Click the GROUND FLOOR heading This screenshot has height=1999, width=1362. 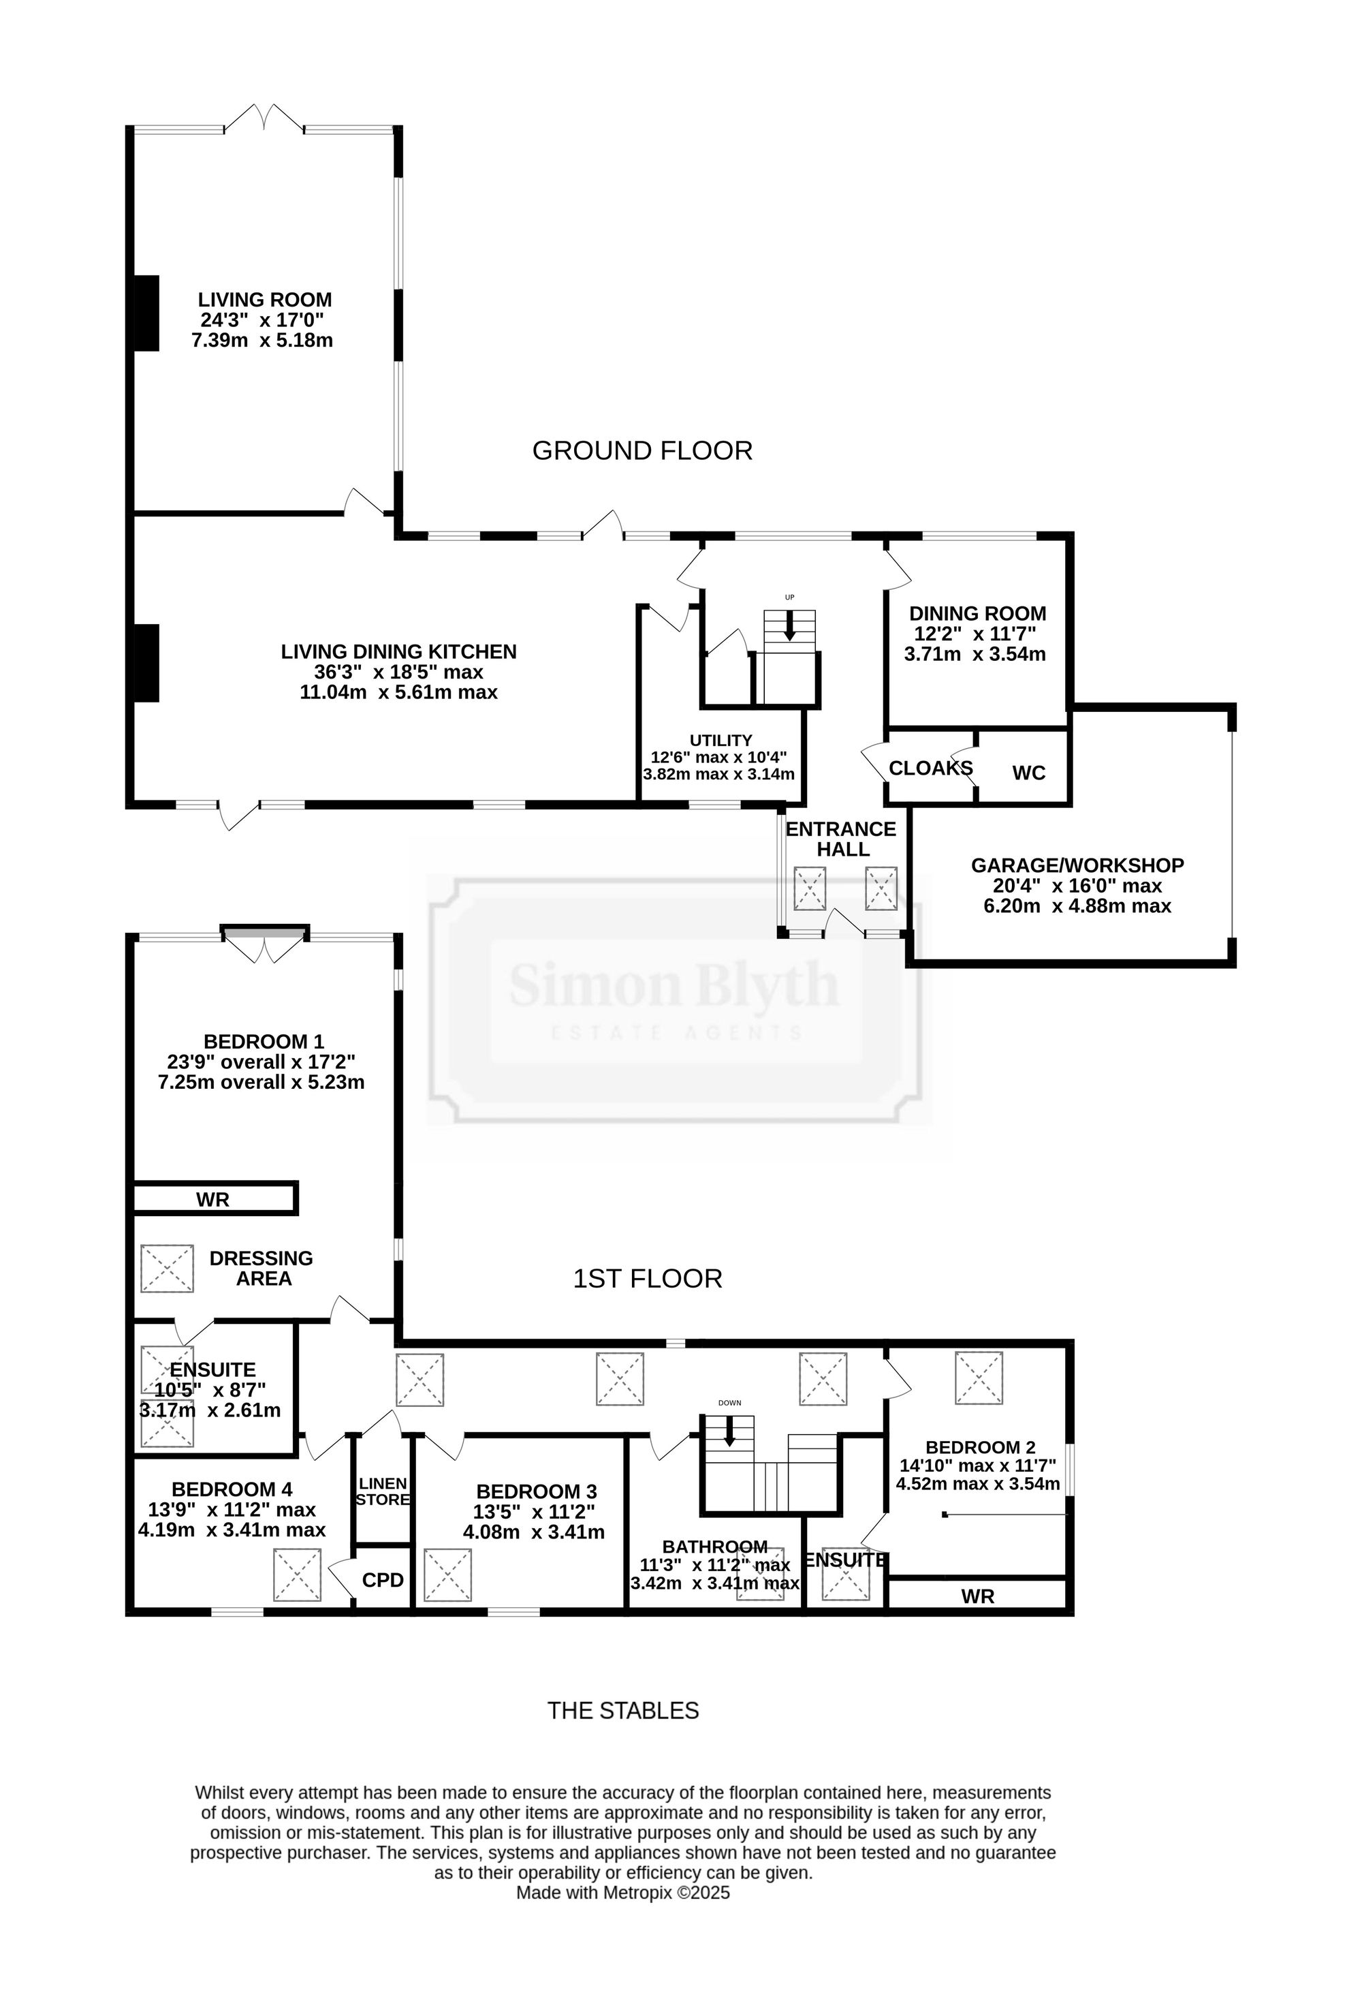(x=642, y=451)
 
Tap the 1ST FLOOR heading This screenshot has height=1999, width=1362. (x=648, y=1279)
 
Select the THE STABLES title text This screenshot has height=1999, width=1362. (x=623, y=1711)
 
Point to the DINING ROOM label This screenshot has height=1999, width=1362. (x=978, y=613)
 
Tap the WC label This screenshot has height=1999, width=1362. (x=1029, y=773)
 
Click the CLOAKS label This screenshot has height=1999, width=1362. (x=930, y=768)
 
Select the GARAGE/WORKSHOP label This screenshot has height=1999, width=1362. (x=1077, y=865)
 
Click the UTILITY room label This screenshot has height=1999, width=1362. (x=720, y=741)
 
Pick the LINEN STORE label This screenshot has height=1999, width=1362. (x=383, y=1491)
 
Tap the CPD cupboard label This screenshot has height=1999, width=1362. (x=383, y=1580)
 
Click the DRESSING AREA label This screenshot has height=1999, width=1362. (x=262, y=1269)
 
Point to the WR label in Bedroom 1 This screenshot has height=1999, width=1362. (x=212, y=1200)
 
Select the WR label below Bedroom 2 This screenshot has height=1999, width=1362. (x=978, y=1596)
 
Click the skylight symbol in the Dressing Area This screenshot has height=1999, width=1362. (x=167, y=1268)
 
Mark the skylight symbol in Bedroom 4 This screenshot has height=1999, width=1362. (x=297, y=1575)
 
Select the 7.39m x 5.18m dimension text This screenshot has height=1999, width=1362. (x=262, y=340)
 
